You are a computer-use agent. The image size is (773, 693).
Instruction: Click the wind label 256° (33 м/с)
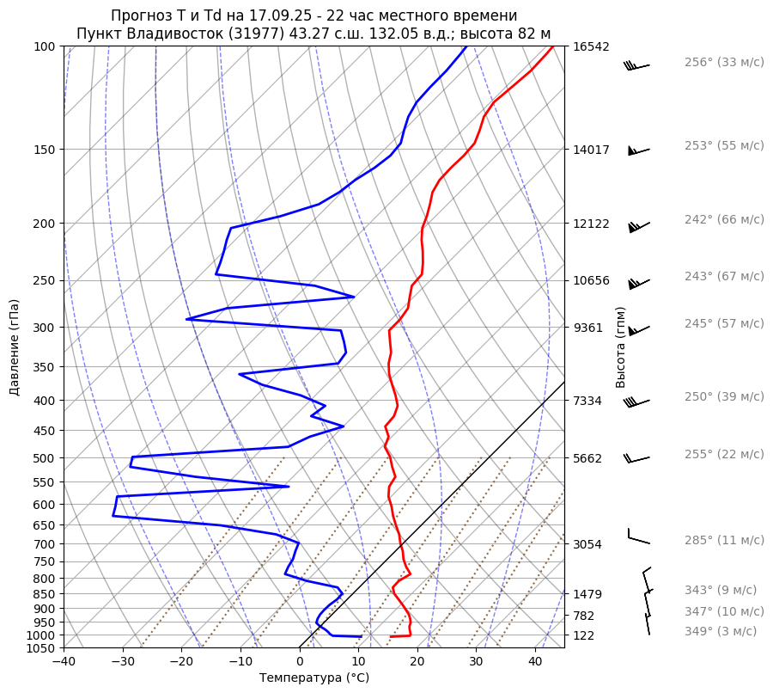click(x=723, y=63)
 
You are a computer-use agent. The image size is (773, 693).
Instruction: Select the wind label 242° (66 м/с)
click(x=723, y=219)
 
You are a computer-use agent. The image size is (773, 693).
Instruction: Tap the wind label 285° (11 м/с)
click(x=723, y=540)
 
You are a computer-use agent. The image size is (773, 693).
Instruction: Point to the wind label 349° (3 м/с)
click(x=721, y=631)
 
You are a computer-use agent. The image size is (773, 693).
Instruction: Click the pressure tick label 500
click(x=45, y=458)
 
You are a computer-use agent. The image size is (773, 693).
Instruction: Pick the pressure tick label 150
click(x=45, y=150)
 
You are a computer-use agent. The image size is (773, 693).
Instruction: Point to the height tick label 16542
click(x=591, y=46)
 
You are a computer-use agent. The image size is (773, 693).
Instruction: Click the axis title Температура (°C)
click(x=314, y=678)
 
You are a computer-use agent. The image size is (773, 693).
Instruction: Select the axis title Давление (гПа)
click(x=15, y=347)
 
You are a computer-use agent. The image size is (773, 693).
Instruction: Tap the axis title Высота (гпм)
click(x=621, y=347)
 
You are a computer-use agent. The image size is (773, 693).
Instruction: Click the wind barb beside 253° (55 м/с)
click(x=638, y=150)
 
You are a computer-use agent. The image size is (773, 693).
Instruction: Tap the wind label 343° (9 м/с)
click(x=721, y=590)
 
